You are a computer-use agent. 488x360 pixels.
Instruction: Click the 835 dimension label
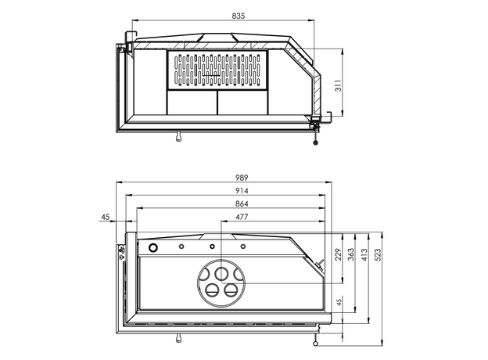tap(239, 16)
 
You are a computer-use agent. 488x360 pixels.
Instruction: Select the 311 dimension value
tap(339, 85)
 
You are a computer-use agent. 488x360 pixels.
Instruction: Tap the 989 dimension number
tap(242, 178)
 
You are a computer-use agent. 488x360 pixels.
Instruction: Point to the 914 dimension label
tap(242, 191)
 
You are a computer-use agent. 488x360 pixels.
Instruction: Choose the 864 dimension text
tap(242, 203)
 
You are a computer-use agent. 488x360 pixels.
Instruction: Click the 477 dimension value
tap(242, 217)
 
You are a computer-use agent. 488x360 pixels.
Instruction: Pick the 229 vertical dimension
tap(339, 254)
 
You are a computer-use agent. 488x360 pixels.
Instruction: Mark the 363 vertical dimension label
tap(351, 254)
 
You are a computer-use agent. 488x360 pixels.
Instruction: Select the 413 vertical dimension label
tap(364, 254)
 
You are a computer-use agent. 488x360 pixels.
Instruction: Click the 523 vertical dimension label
tap(377, 254)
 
